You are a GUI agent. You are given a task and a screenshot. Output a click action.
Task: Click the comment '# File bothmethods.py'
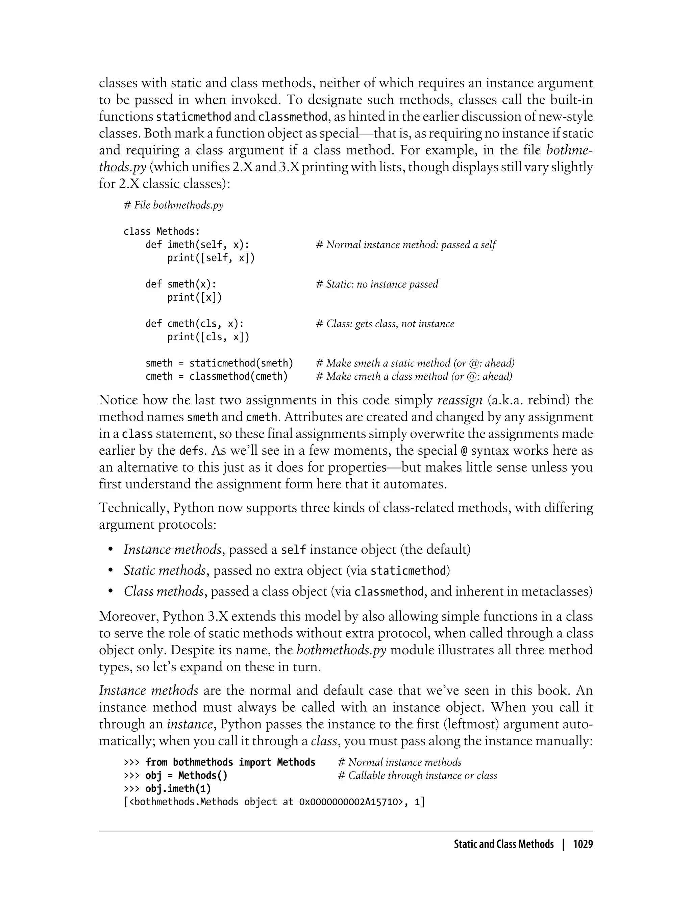point(173,205)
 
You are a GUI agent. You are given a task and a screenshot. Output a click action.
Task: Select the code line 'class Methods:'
point(162,231)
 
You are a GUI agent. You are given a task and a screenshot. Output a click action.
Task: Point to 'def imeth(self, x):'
point(197,245)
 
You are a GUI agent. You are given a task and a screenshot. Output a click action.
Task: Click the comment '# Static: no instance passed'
point(377,284)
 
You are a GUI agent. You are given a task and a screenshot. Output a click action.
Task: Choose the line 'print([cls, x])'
point(208,337)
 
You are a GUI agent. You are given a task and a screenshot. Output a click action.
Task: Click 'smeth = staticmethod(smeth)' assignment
point(219,363)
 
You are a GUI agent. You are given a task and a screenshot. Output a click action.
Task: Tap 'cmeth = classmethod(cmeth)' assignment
point(216,376)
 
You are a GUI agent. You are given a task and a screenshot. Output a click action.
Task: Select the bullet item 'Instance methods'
point(173,549)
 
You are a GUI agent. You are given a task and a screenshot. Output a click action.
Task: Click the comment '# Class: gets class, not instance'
point(385,324)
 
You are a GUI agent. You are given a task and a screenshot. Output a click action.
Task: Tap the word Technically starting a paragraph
point(133,508)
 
